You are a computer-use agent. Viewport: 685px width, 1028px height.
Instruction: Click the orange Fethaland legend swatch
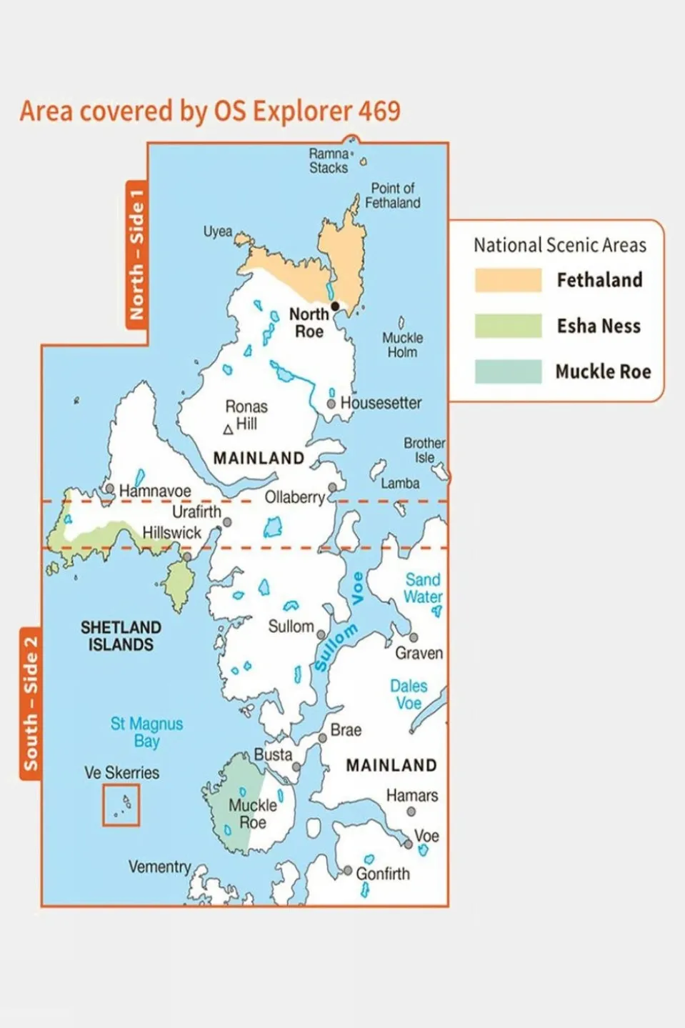508,280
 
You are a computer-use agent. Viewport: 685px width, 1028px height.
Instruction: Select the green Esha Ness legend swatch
508,326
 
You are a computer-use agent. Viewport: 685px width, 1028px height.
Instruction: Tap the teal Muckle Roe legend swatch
508,371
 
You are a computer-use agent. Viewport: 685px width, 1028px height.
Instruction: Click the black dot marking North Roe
335,306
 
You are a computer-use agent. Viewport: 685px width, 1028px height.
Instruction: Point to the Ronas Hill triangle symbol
228,429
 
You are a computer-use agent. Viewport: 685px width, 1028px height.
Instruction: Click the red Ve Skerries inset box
121,805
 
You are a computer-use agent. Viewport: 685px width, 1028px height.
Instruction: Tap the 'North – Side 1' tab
136,254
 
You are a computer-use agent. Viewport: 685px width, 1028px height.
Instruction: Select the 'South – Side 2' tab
30,704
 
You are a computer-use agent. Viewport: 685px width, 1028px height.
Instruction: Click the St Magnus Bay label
146,732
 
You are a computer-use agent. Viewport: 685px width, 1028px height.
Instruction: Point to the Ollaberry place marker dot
332,487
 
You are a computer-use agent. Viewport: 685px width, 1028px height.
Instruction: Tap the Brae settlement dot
323,738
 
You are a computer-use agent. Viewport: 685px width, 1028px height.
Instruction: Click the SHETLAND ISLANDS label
121,636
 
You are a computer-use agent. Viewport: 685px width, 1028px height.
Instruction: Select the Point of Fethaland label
392,195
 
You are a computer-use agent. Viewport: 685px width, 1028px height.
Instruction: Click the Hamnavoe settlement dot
110,489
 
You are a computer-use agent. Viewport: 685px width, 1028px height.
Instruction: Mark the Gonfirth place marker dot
348,871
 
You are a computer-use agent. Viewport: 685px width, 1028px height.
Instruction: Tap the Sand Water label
423,588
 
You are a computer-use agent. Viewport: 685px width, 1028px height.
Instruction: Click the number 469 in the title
379,111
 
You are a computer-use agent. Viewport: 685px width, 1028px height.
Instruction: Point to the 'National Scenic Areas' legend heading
559,245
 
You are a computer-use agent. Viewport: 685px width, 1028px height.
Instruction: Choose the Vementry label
159,867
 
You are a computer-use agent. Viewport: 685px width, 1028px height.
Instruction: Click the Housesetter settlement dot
331,404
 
